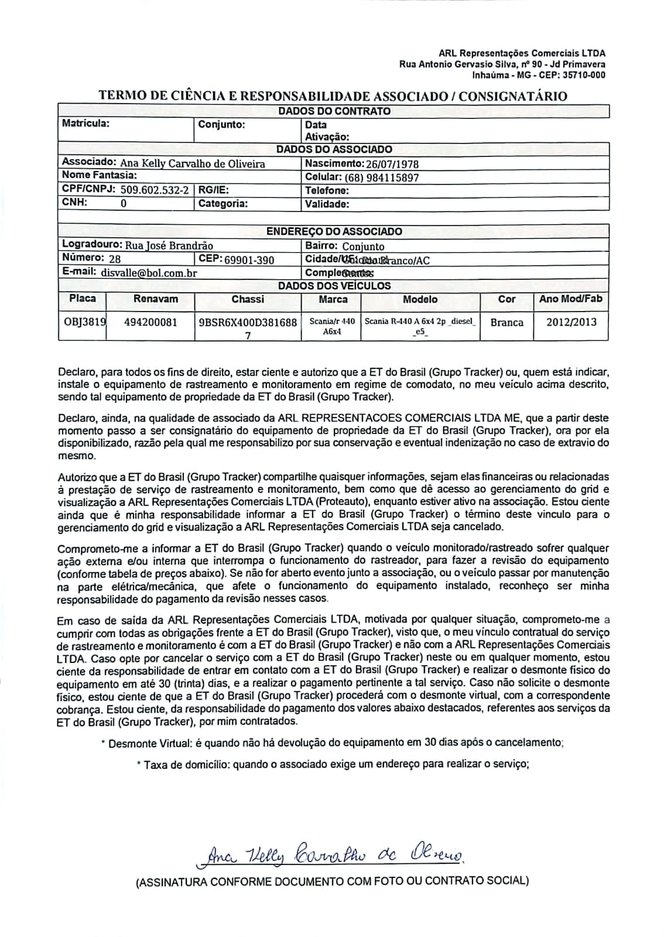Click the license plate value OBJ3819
point(84,322)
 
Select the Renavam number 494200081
point(150,322)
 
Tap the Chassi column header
point(248,299)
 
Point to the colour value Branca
point(506,322)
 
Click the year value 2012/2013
point(571,322)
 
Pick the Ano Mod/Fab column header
point(571,299)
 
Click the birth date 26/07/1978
point(392,164)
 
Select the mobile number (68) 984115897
point(382,177)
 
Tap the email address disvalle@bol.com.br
point(149,272)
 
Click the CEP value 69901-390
point(249,259)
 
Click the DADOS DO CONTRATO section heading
point(334,111)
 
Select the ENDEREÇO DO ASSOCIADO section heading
point(334,231)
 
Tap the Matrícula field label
point(85,123)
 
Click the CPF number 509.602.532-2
point(155,190)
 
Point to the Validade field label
point(327,204)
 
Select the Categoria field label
point(223,204)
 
